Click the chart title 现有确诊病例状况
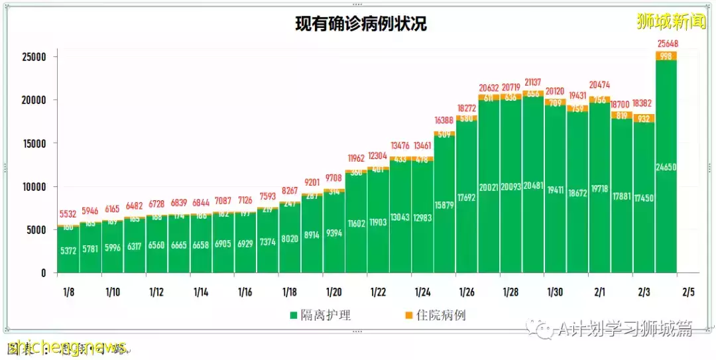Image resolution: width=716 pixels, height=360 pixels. pyautogui.click(x=361, y=25)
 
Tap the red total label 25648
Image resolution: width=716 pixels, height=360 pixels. pyautogui.click(x=666, y=44)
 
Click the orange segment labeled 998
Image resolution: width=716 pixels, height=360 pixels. pyautogui.click(x=666, y=56)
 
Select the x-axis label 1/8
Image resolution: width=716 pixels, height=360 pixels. pyautogui.click(x=68, y=292)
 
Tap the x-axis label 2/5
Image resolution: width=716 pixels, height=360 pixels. pyautogui.click(x=688, y=292)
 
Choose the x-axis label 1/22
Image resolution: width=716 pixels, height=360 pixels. pyautogui.click(x=378, y=292)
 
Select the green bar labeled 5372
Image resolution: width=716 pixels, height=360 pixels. pyautogui.click(x=68, y=251)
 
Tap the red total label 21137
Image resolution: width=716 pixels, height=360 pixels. pyautogui.click(x=533, y=82)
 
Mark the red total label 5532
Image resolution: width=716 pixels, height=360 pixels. pyautogui.click(x=68, y=215)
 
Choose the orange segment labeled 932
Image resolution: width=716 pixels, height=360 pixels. pyautogui.click(x=644, y=118)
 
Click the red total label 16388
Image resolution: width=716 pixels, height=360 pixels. pyautogui.click(x=444, y=121)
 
